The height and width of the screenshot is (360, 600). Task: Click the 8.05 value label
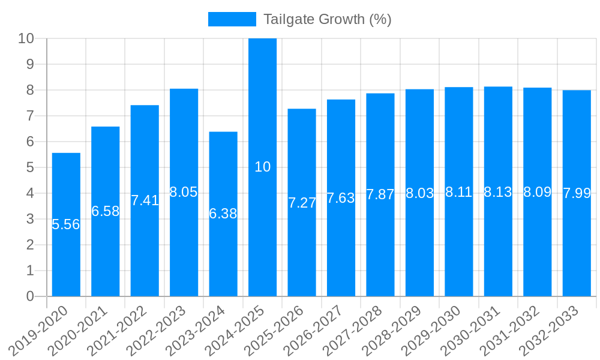click(x=184, y=192)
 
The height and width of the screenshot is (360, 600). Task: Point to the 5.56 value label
click(x=66, y=224)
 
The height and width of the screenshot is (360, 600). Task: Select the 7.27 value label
click(x=302, y=203)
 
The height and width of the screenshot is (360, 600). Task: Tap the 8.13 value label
click(x=498, y=192)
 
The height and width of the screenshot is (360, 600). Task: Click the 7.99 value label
click(x=577, y=193)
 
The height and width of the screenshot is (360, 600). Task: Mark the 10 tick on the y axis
click(x=26, y=38)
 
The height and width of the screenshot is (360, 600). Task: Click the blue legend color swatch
click(x=232, y=19)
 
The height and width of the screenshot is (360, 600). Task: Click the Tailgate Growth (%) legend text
click(x=328, y=19)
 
